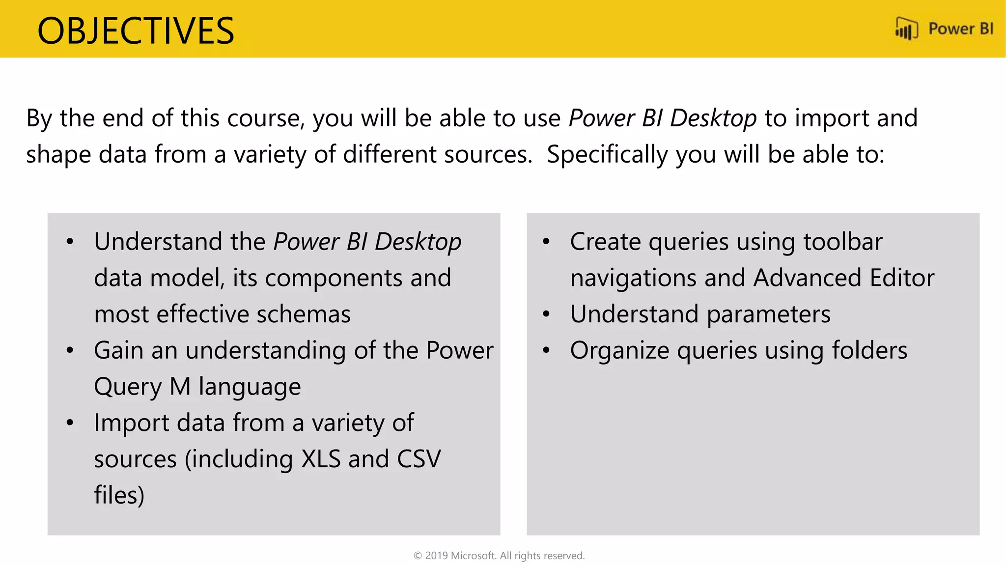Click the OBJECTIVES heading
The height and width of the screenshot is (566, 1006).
coord(136,31)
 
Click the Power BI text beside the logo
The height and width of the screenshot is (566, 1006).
coord(960,29)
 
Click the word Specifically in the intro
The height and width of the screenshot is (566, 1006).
coord(607,155)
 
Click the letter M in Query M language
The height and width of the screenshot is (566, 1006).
coord(180,387)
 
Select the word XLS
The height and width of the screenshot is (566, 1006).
coord(320,459)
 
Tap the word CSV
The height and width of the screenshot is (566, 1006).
coord(419,459)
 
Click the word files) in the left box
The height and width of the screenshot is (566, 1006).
coord(119,495)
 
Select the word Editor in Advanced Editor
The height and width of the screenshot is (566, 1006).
coord(902,278)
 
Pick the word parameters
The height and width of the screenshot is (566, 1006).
coord(769,314)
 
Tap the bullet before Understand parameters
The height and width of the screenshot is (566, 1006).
coord(546,314)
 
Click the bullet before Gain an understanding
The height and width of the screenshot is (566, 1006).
coord(70,351)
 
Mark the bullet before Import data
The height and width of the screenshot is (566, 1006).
coord(70,423)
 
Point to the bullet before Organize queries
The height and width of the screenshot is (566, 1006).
coord(546,351)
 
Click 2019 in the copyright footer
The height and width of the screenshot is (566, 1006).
coord(436,556)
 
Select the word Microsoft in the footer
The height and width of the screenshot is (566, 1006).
coord(473,556)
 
